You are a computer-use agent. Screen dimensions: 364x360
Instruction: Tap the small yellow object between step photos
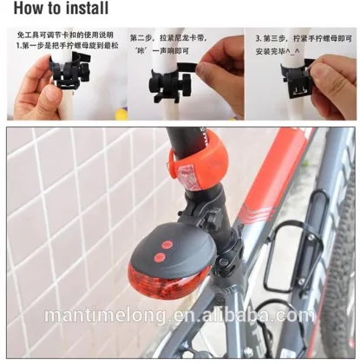(x=121, y=114)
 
